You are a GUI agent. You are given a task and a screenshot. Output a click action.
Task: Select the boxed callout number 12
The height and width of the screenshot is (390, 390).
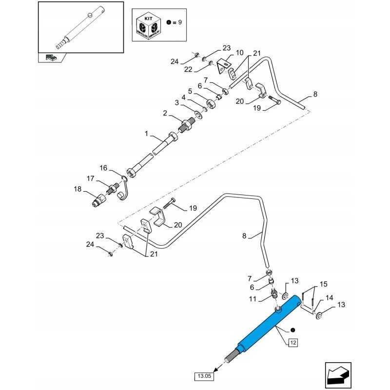point(293,343)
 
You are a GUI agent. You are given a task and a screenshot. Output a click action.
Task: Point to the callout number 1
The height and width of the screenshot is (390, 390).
point(146,133)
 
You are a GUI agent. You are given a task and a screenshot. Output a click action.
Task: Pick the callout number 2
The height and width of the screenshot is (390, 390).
point(165,113)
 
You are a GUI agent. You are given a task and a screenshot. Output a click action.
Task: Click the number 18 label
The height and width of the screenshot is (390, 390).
point(78,189)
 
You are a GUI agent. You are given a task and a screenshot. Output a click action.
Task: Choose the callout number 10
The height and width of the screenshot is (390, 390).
point(239,53)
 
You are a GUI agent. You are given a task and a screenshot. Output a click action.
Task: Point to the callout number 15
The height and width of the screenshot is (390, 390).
point(324,284)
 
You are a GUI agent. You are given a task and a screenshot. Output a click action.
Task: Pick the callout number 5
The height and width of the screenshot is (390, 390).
point(190,91)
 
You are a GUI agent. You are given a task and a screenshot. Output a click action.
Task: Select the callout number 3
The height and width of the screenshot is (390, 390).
point(177,102)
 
